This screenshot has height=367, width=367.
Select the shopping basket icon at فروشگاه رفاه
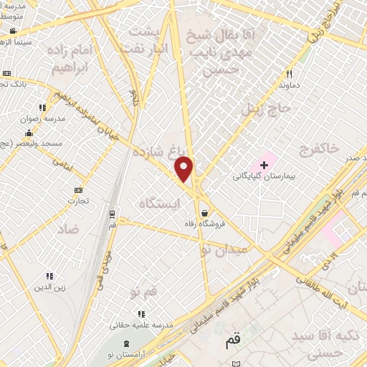(x=205, y=213)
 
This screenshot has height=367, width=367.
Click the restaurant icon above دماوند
(x=290, y=74)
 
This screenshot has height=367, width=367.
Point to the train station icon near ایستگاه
(x=112, y=214)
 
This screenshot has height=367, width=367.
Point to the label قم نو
(x=143, y=292)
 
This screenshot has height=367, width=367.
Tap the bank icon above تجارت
(x=78, y=189)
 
